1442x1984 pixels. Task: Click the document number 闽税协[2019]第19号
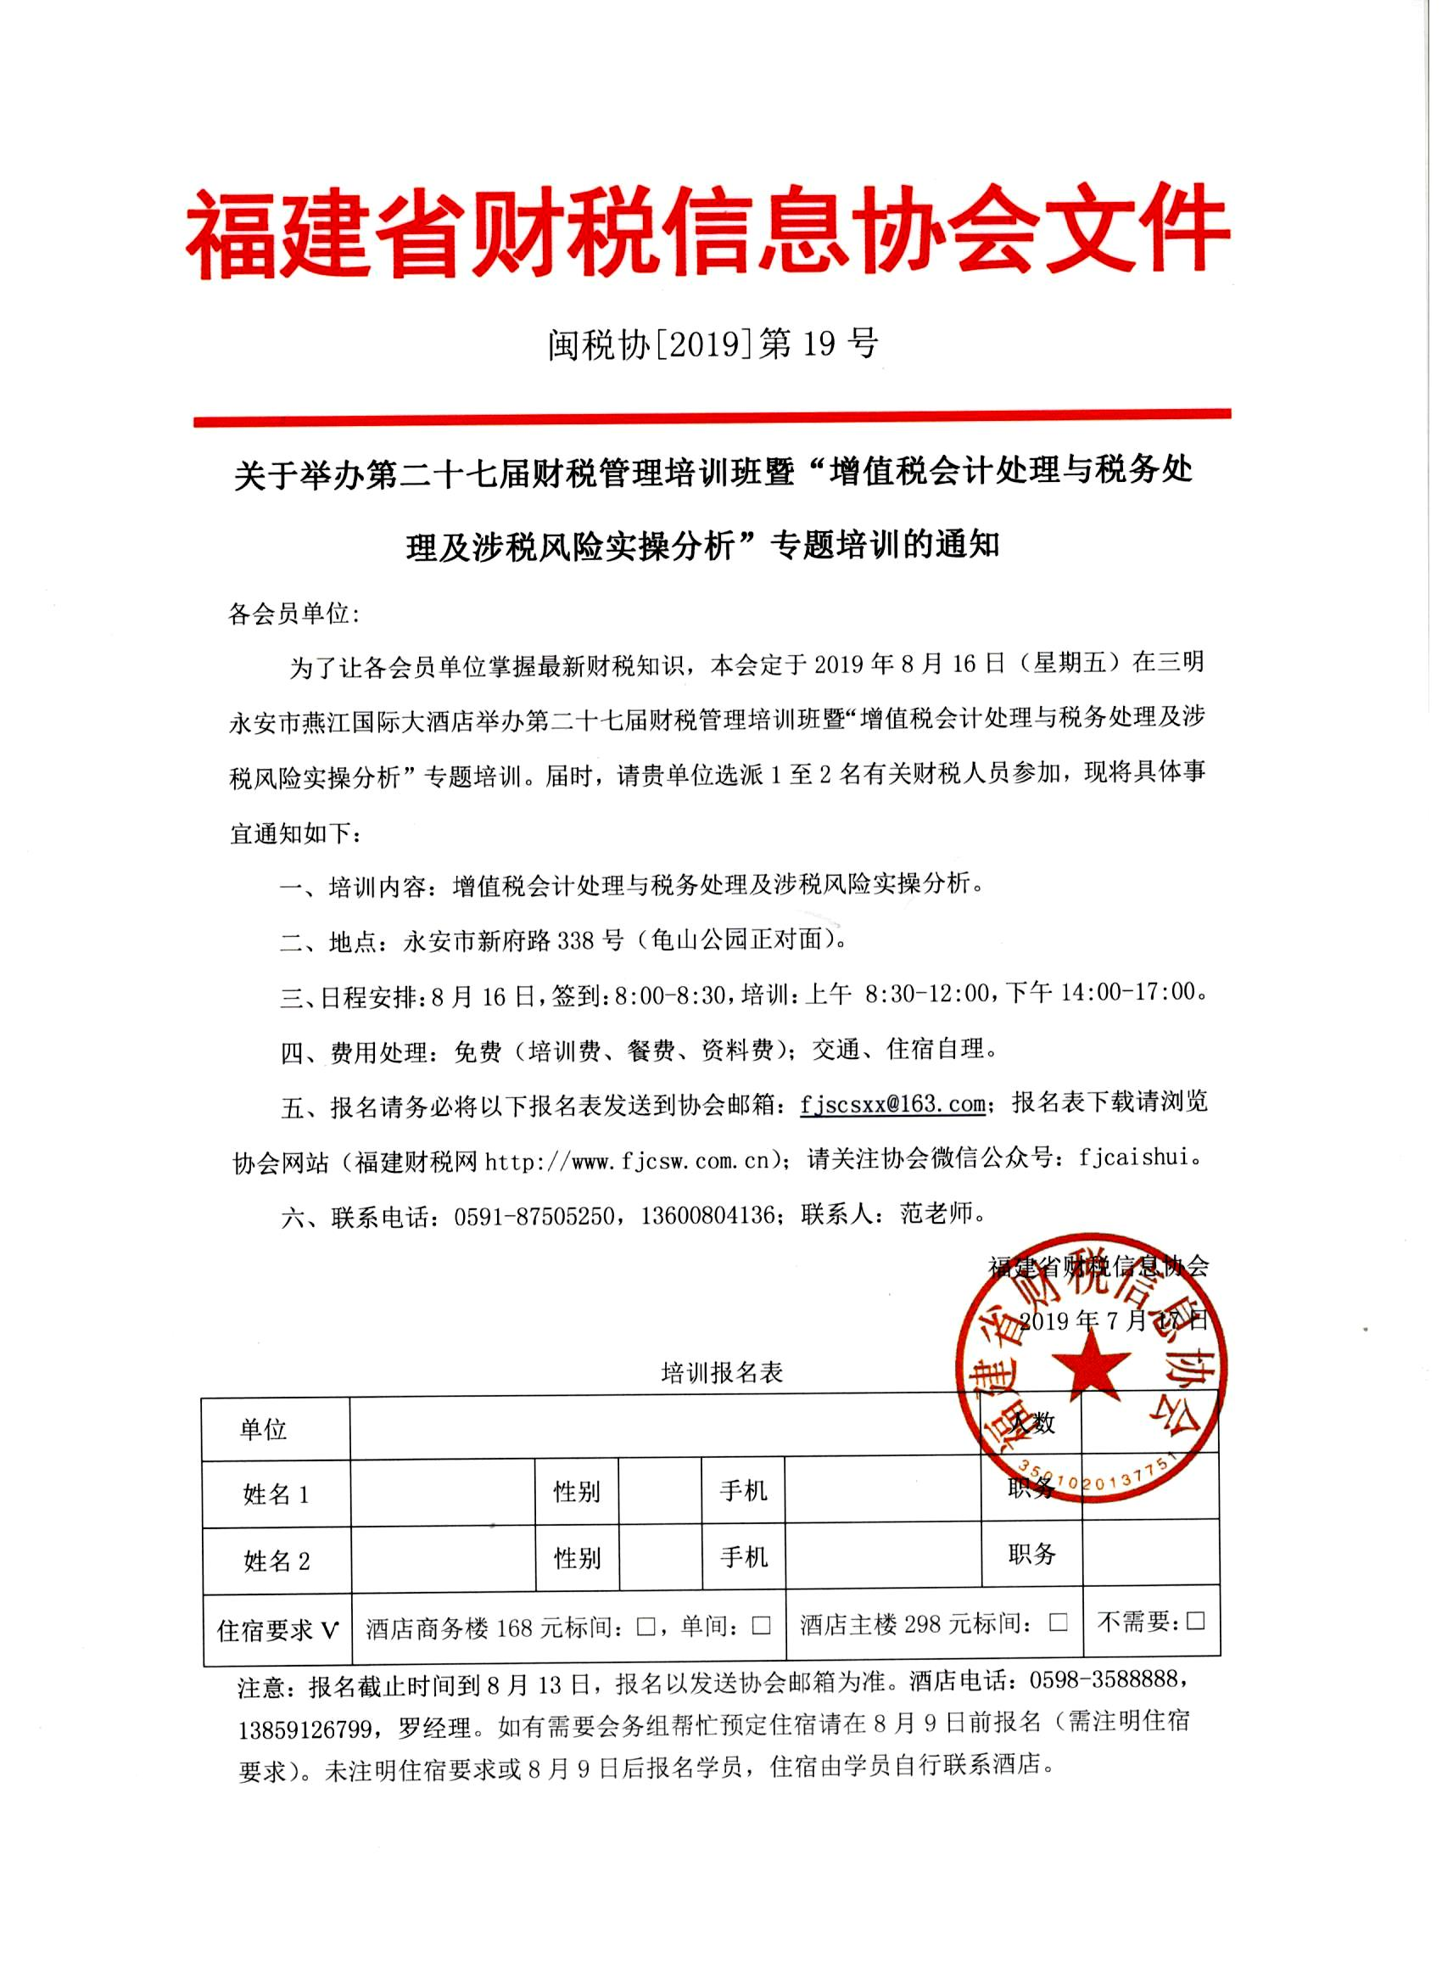[713, 345]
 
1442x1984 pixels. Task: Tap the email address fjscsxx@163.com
[893, 1104]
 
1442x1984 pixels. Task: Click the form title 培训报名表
[722, 1372]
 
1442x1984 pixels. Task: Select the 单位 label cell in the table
[263, 1430]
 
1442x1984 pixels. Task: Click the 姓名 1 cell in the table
[276, 1494]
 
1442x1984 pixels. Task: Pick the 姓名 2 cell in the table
[276, 1560]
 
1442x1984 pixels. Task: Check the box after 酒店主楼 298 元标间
[1058, 1622]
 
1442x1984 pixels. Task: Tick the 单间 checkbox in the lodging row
[761, 1625]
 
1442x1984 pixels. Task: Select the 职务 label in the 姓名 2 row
[1031, 1555]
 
